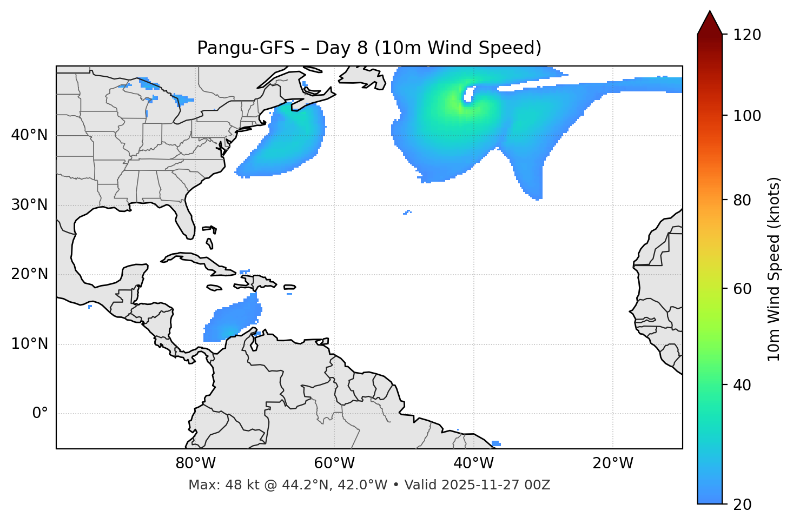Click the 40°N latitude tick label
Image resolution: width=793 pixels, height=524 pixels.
tap(29, 135)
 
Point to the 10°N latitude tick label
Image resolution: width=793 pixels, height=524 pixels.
tap(29, 344)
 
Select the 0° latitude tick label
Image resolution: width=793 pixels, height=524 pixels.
tap(39, 414)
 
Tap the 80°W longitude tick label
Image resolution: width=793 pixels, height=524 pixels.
tap(195, 463)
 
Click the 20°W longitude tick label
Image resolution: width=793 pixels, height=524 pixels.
tap(613, 463)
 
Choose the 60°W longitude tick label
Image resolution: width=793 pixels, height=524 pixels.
tap(334, 463)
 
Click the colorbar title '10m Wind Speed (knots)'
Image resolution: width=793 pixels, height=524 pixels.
tap(774, 269)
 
